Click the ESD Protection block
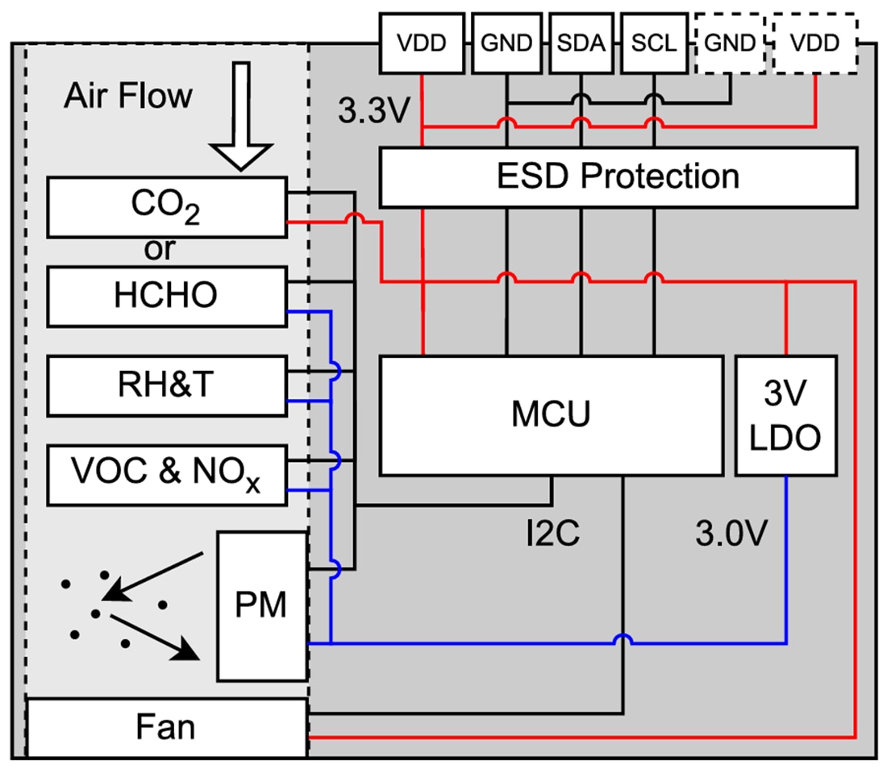tap(617, 177)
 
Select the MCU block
tap(551, 416)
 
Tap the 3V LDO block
tap(786, 416)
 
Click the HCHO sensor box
tap(166, 295)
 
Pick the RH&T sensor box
tap(166, 386)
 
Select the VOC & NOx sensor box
tap(166, 474)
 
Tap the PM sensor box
tap(262, 605)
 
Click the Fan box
tap(166, 728)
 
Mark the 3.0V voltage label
tap(729, 533)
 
